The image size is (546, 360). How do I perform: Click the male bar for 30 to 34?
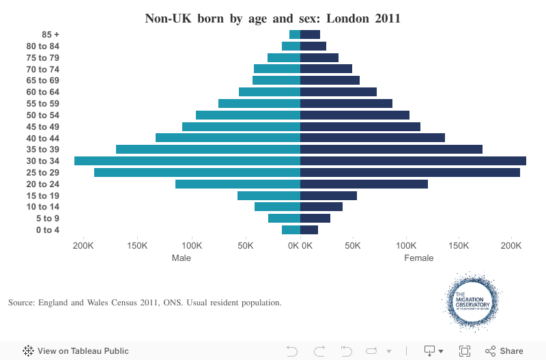pyautogui.click(x=187, y=161)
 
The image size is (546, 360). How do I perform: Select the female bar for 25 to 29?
pyautogui.click(x=409, y=172)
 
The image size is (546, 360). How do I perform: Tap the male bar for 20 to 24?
pyautogui.click(x=238, y=184)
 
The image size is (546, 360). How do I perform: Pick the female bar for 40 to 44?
pyautogui.click(x=372, y=137)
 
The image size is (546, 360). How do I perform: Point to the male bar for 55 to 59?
pyautogui.click(x=259, y=103)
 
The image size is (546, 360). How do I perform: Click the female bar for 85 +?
pyautogui.click(x=310, y=34)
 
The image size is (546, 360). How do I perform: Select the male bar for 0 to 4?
pyautogui.click(x=291, y=230)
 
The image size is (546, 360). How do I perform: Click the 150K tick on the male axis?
pyautogui.click(x=138, y=245)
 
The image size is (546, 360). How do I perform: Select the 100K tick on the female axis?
pyautogui.click(x=406, y=245)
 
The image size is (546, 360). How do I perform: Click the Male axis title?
pyautogui.click(x=182, y=258)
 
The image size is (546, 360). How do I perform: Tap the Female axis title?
pyautogui.click(x=418, y=258)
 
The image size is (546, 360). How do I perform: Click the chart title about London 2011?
pyautogui.click(x=272, y=18)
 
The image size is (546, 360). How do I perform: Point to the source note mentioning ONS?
pyautogui.click(x=145, y=302)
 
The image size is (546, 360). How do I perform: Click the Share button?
pyautogui.click(x=504, y=351)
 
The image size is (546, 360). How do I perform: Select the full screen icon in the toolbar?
pyautogui.click(x=465, y=351)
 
